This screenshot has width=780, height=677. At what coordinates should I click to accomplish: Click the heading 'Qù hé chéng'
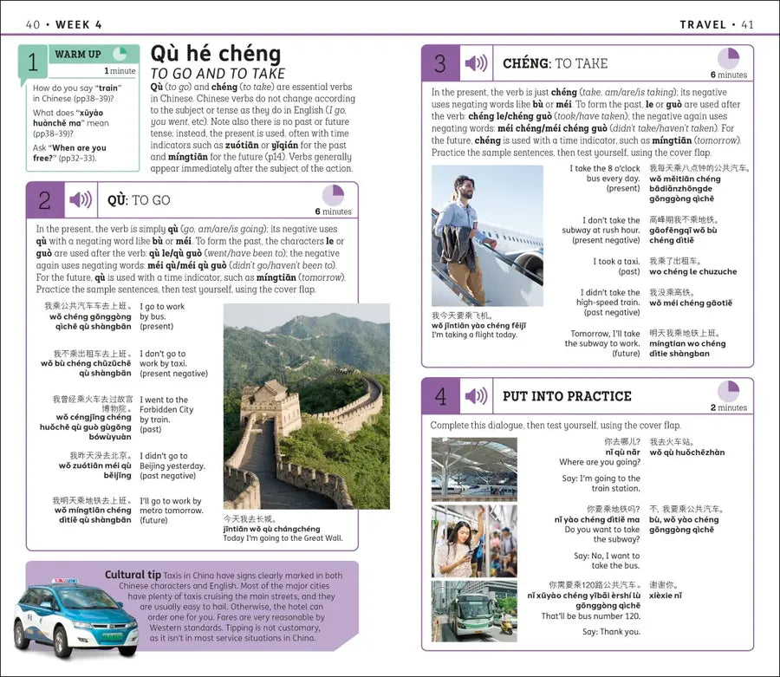216,54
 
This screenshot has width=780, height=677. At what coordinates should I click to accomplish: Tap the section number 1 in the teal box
33,62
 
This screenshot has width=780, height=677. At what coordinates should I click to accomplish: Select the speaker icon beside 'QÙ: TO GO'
81,200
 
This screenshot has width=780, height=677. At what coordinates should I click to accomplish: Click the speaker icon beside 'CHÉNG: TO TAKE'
476,63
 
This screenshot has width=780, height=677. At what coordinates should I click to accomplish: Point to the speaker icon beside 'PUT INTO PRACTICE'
476,396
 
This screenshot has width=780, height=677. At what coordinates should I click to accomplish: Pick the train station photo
474,469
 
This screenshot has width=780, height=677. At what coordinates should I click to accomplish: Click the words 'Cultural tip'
133,575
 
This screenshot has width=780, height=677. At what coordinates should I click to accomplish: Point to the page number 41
746,24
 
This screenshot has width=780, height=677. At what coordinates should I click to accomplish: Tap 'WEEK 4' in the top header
79,24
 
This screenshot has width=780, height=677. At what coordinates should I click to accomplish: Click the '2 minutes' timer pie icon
728,391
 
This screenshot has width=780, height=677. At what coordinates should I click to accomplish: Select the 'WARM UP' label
77,54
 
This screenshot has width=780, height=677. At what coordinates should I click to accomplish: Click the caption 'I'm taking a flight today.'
474,335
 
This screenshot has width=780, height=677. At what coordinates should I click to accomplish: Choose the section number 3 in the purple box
440,63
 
